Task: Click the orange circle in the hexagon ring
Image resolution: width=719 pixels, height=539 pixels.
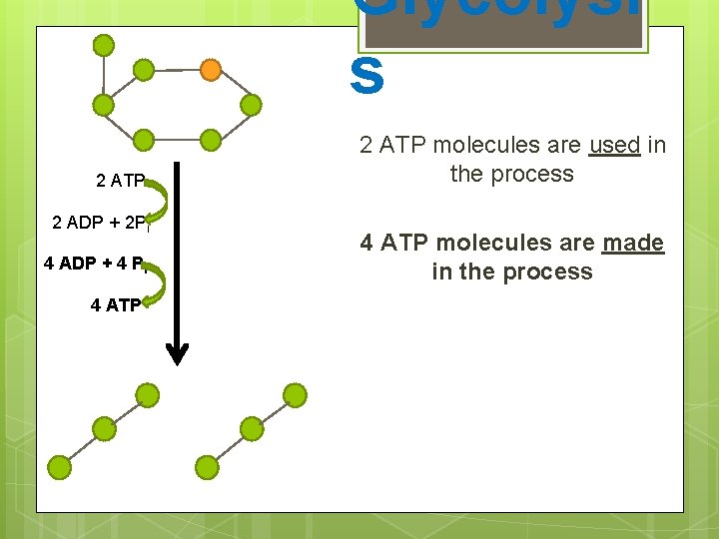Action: [x=211, y=70]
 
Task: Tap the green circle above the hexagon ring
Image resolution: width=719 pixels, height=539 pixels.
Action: [x=103, y=45]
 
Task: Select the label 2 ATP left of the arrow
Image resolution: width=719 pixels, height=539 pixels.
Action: [x=121, y=181]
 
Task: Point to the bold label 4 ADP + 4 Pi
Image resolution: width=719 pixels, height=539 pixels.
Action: [x=96, y=265]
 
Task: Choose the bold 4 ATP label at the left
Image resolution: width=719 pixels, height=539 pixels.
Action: [x=116, y=305]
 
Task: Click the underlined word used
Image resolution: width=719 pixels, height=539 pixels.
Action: [x=615, y=146]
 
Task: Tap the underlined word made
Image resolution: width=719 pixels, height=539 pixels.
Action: [x=632, y=243]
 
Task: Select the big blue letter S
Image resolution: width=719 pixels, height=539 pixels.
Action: [x=366, y=78]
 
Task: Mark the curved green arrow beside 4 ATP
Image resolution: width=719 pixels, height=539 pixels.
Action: [x=156, y=283]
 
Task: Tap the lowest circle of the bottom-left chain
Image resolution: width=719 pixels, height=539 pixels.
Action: [x=60, y=466]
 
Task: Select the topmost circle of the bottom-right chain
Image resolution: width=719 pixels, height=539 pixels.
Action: [x=294, y=394]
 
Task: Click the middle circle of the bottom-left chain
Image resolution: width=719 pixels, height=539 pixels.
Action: [x=104, y=430]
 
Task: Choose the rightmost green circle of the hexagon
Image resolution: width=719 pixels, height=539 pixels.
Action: [x=252, y=104]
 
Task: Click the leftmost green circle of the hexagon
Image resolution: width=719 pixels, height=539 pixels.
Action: [x=103, y=104]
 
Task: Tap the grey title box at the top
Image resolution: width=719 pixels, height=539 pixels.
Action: [x=503, y=26]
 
